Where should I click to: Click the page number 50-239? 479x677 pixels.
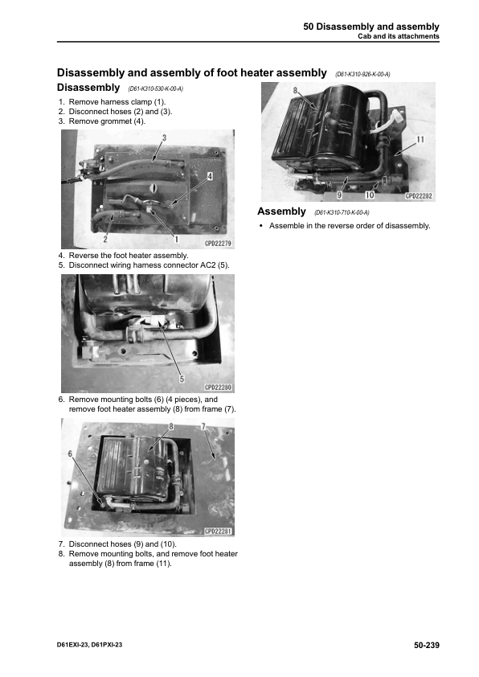click(x=426, y=645)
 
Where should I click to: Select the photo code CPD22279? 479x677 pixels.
click(x=218, y=244)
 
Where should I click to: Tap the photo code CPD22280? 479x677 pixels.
click(x=218, y=388)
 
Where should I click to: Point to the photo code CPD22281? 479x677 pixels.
click(x=218, y=531)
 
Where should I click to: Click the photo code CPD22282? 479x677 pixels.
click(x=419, y=196)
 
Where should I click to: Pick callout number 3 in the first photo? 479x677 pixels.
click(x=165, y=137)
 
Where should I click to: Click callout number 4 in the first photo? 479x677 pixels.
click(x=210, y=176)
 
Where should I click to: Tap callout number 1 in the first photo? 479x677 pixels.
click(x=176, y=239)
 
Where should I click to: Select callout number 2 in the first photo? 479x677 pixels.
click(x=105, y=239)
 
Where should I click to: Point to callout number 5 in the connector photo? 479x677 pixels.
click(x=182, y=379)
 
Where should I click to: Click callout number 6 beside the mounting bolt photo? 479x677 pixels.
click(x=70, y=453)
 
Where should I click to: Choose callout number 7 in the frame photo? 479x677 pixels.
click(x=203, y=427)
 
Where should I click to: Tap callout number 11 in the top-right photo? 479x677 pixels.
click(x=420, y=139)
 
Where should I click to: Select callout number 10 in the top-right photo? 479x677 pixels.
click(x=370, y=195)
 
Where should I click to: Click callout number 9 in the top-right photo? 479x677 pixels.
click(x=340, y=195)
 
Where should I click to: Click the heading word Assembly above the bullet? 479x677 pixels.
click(x=281, y=211)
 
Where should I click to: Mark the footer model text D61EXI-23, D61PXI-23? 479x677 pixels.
click(x=89, y=645)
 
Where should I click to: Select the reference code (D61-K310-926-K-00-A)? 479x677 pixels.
click(x=362, y=74)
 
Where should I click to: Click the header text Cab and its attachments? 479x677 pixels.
click(x=399, y=36)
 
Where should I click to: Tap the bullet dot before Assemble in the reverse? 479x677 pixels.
click(x=260, y=226)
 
